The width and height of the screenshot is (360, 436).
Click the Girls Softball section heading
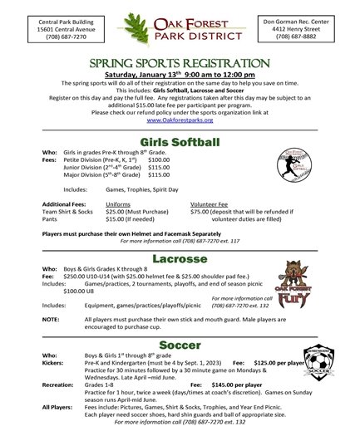pos(180,141)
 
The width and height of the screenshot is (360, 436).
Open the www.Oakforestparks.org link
pos(180,119)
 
